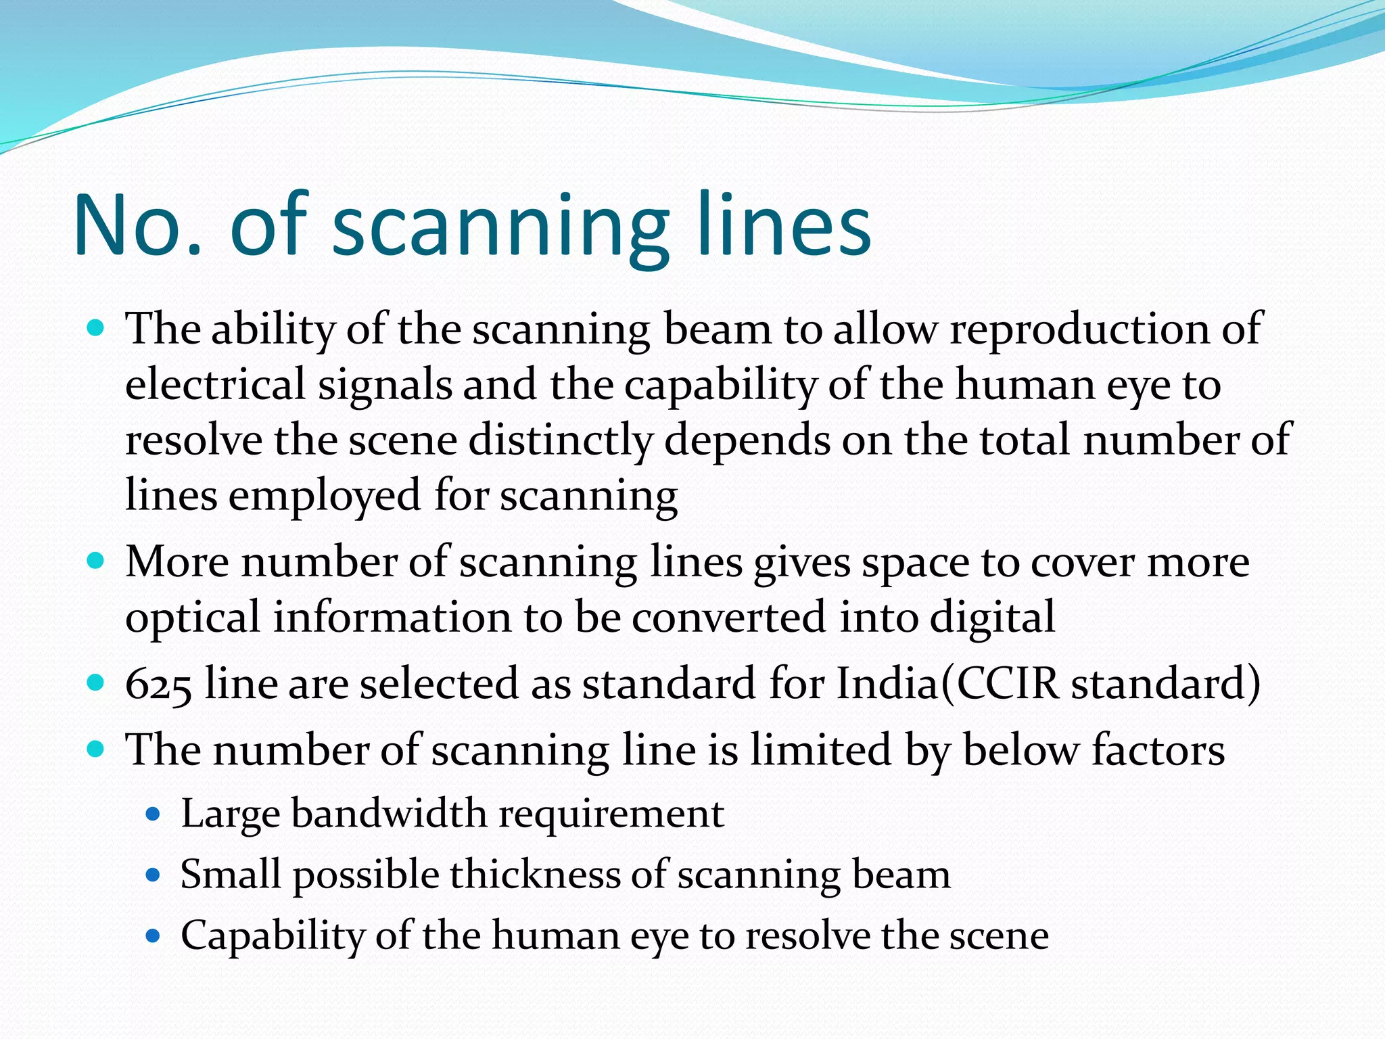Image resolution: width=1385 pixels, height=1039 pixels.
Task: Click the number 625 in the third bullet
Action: tap(158, 685)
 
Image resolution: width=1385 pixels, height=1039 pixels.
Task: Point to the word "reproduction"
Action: tap(1079, 330)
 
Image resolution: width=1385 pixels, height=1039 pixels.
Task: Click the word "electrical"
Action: tap(216, 384)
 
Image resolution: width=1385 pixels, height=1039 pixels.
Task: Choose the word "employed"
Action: tap(325, 496)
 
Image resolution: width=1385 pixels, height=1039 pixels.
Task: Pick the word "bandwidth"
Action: tap(389, 813)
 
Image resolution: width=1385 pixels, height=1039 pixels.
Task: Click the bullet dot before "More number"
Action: tap(96, 561)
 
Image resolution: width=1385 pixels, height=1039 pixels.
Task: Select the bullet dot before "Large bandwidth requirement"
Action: tap(154, 814)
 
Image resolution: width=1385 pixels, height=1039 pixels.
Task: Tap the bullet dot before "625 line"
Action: tap(96, 683)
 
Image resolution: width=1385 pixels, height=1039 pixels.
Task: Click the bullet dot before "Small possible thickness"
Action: tap(154, 875)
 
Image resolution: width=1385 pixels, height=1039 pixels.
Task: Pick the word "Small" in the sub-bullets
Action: tap(230, 874)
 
